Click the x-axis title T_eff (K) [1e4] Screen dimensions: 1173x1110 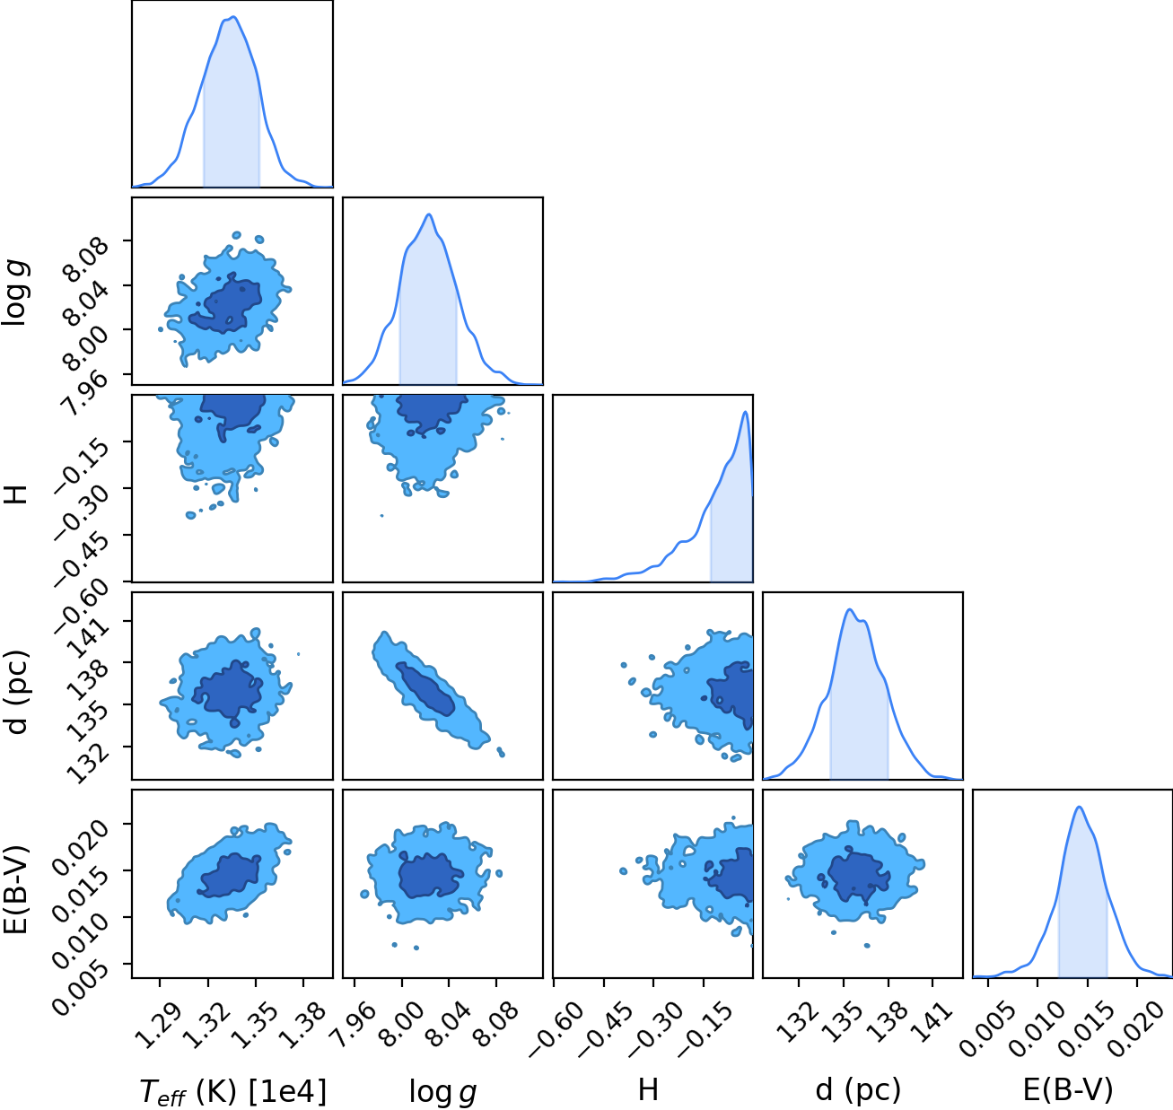tap(232, 1091)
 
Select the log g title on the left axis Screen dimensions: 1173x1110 tap(15, 294)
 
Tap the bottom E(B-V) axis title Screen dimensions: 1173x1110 tap(1068, 1089)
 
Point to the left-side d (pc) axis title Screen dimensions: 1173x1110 tap(17, 692)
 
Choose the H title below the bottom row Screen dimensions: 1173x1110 tap(648, 1089)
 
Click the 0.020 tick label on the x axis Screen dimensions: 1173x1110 tap(1140, 1029)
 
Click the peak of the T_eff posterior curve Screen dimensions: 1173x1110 tap(234, 17)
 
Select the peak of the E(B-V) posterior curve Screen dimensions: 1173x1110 tap(1079, 807)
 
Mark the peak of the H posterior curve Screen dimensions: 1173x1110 tap(745, 412)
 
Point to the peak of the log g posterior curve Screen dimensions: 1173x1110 tap(428, 214)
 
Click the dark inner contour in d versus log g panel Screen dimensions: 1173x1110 tap(426, 688)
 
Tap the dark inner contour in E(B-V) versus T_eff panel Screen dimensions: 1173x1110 tap(229, 876)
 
